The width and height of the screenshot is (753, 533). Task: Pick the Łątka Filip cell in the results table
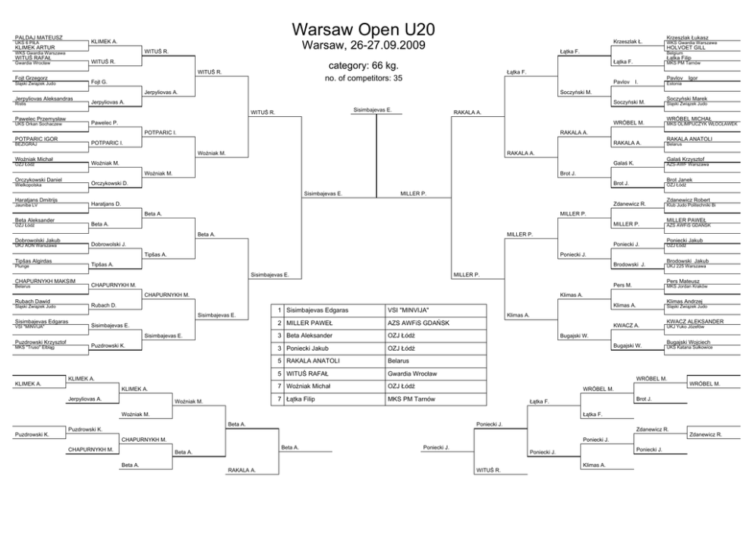[304, 399]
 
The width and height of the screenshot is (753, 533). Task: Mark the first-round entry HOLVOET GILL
[685, 47]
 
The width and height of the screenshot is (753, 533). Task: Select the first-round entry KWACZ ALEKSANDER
[695, 321]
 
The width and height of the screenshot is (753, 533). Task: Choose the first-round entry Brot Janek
[679, 179]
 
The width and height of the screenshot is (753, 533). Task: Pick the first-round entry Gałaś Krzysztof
[685, 159]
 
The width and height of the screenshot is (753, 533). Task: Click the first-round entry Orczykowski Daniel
[39, 179]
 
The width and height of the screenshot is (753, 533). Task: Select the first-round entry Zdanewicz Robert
[687, 200]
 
